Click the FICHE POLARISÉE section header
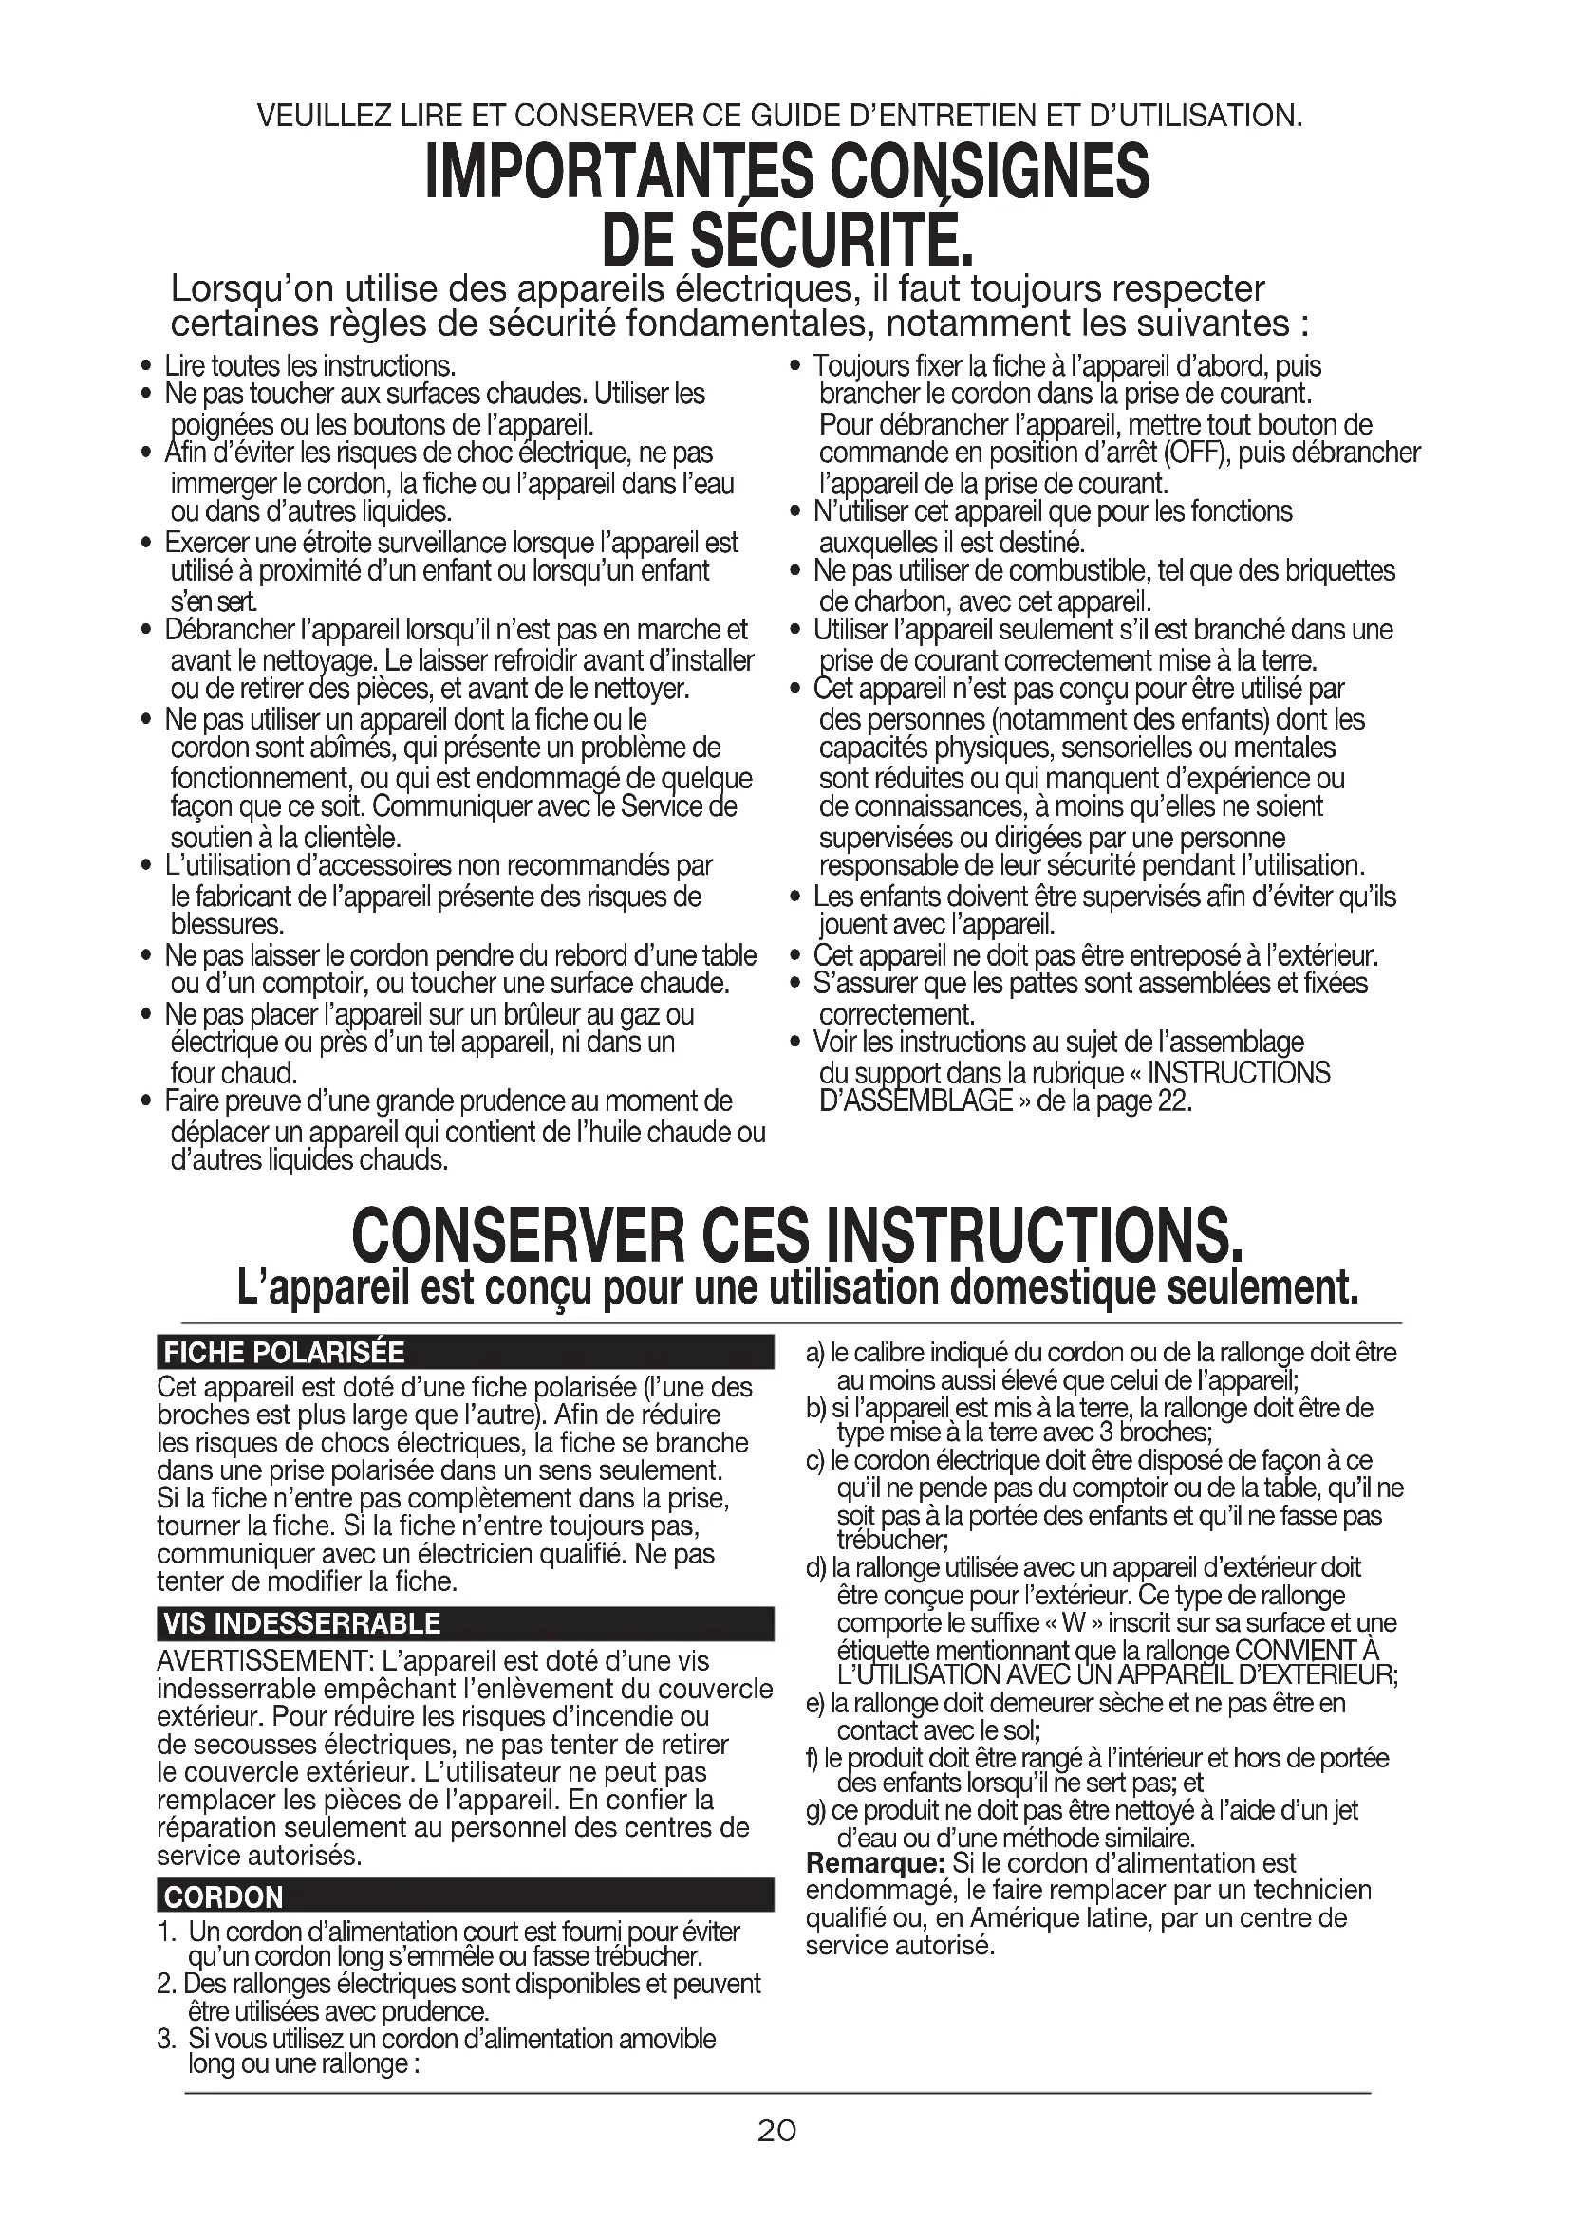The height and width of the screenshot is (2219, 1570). point(284,1351)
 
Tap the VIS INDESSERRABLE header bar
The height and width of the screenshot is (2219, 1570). point(303,1622)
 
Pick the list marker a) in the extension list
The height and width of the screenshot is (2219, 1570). point(815,1353)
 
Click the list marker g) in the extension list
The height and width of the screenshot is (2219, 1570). point(814,1809)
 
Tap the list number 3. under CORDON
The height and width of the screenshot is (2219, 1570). point(166,2040)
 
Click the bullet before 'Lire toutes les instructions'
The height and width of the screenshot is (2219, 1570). point(146,367)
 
